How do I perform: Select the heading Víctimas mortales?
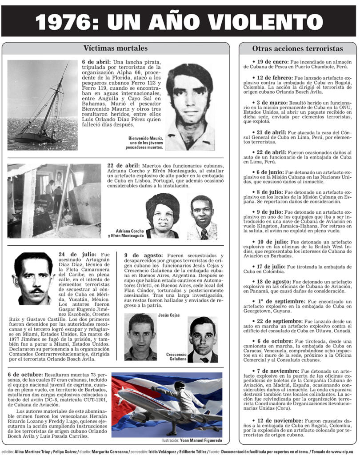[116, 48]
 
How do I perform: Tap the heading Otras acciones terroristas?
[297, 48]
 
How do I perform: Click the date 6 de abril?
[96, 61]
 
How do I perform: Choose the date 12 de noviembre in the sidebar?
[279, 420]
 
